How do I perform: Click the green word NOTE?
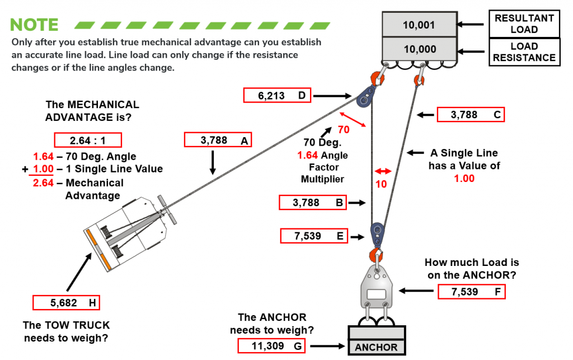[34, 25]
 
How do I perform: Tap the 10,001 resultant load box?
[419, 25]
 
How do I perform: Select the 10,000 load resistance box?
[419, 49]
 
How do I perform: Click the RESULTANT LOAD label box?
[524, 24]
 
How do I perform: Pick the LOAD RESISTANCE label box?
[524, 52]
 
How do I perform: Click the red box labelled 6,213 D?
[277, 96]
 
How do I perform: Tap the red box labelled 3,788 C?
[470, 115]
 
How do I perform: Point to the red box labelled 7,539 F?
[471, 291]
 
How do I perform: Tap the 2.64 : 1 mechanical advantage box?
[88, 139]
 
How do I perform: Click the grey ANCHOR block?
[376, 339]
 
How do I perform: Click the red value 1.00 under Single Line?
[464, 178]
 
